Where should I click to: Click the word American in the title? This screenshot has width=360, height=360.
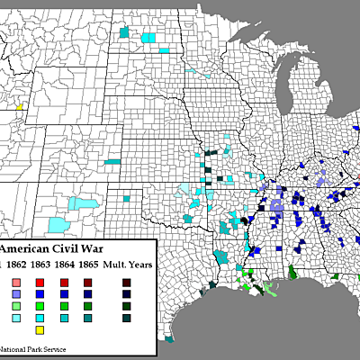(26, 248)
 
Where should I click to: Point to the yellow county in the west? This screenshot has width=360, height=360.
(18, 106)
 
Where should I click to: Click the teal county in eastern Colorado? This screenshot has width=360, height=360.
(112, 162)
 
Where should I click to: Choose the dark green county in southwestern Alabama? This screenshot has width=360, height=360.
(292, 272)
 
